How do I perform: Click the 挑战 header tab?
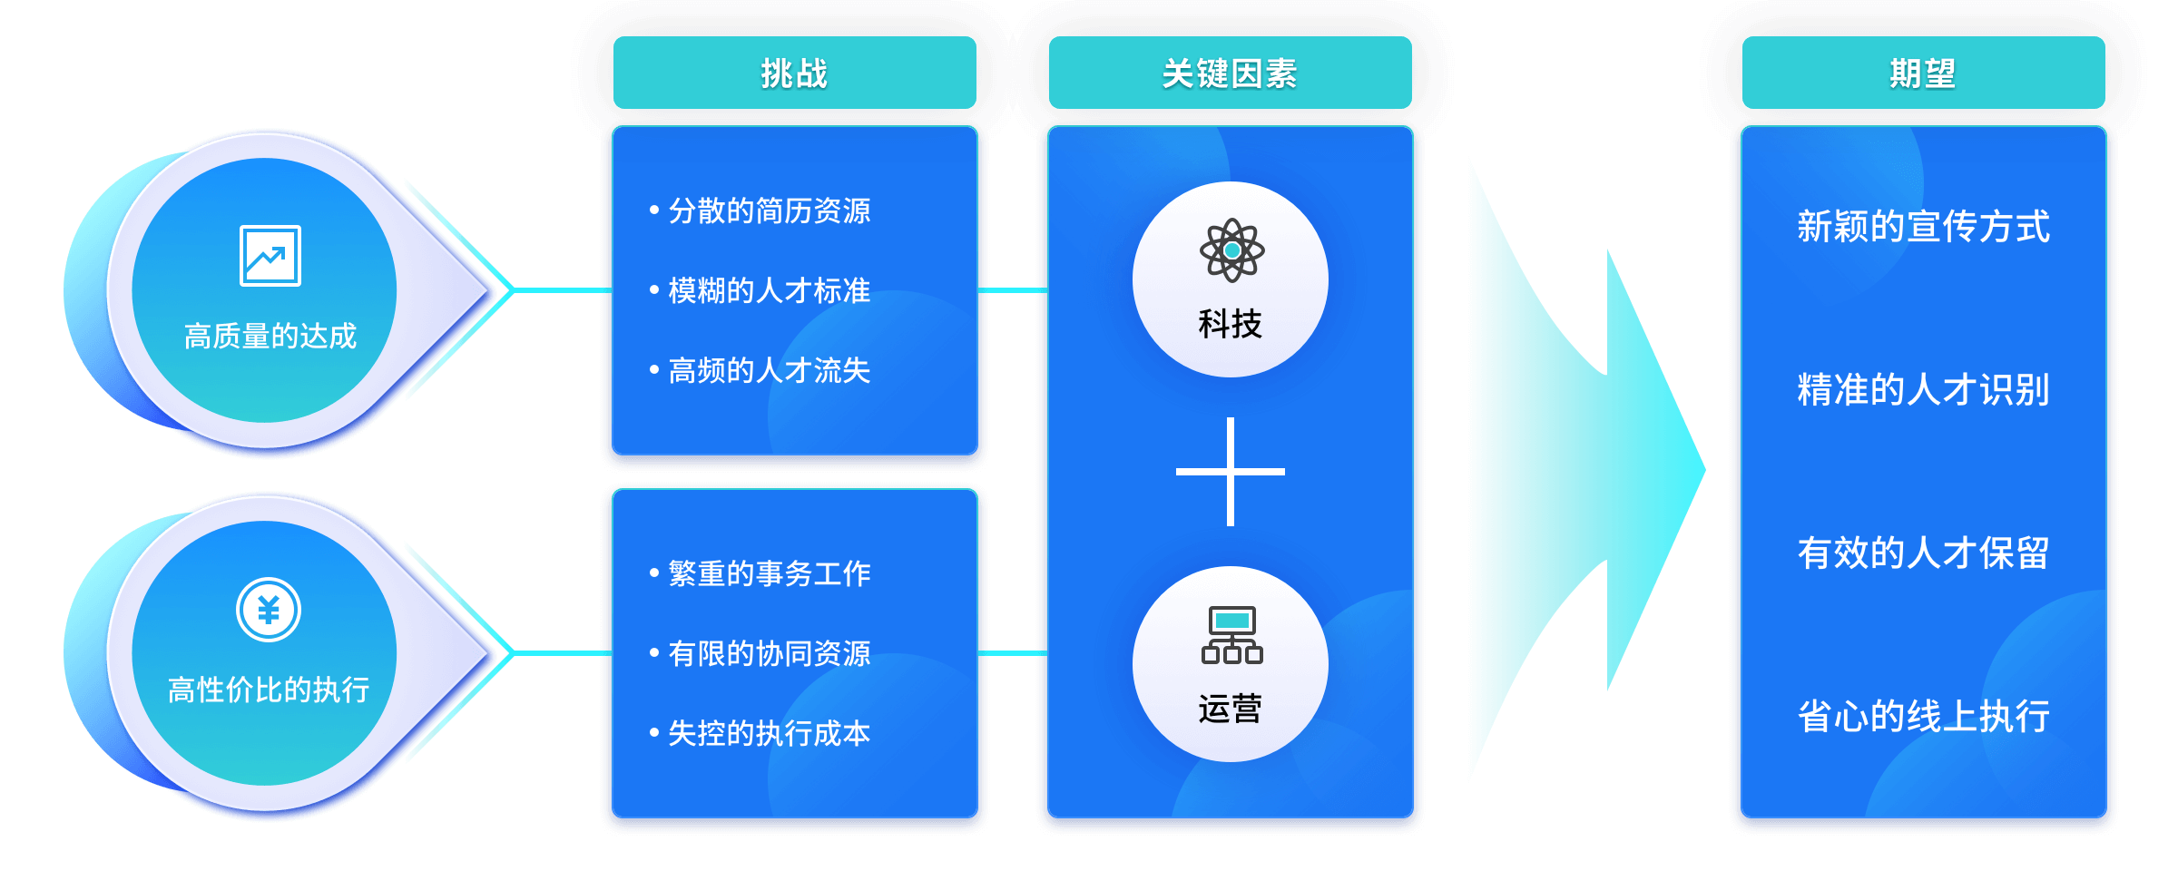(x=794, y=73)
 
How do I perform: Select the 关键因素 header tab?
(x=1230, y=73)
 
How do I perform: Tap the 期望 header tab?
(x=1923, y=73)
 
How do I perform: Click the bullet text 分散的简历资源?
(x=769, y=210)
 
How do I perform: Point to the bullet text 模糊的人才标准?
(x=769, y=290)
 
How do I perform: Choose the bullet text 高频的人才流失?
(x=769, y=370)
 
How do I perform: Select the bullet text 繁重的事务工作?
(x=769, y=573)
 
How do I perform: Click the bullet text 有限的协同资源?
(x=769, y=653)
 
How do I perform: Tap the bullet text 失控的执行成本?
(x=769, y=733)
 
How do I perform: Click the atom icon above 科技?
(x=1231, y=250)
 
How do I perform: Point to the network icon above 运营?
(x=1231, y=635)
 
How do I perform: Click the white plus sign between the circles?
(x=1231, y=472)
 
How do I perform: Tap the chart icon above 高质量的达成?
(x=270, y=256)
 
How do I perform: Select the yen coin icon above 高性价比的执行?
(x=269, y=610)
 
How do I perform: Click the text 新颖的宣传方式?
(x=1923, y=227)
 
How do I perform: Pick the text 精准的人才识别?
(x=1923, y=390)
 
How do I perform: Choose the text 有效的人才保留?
(x=1923, y=553)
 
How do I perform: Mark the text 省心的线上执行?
(x=1923, y=717)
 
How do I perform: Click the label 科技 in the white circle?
(x=1231, y=324)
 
